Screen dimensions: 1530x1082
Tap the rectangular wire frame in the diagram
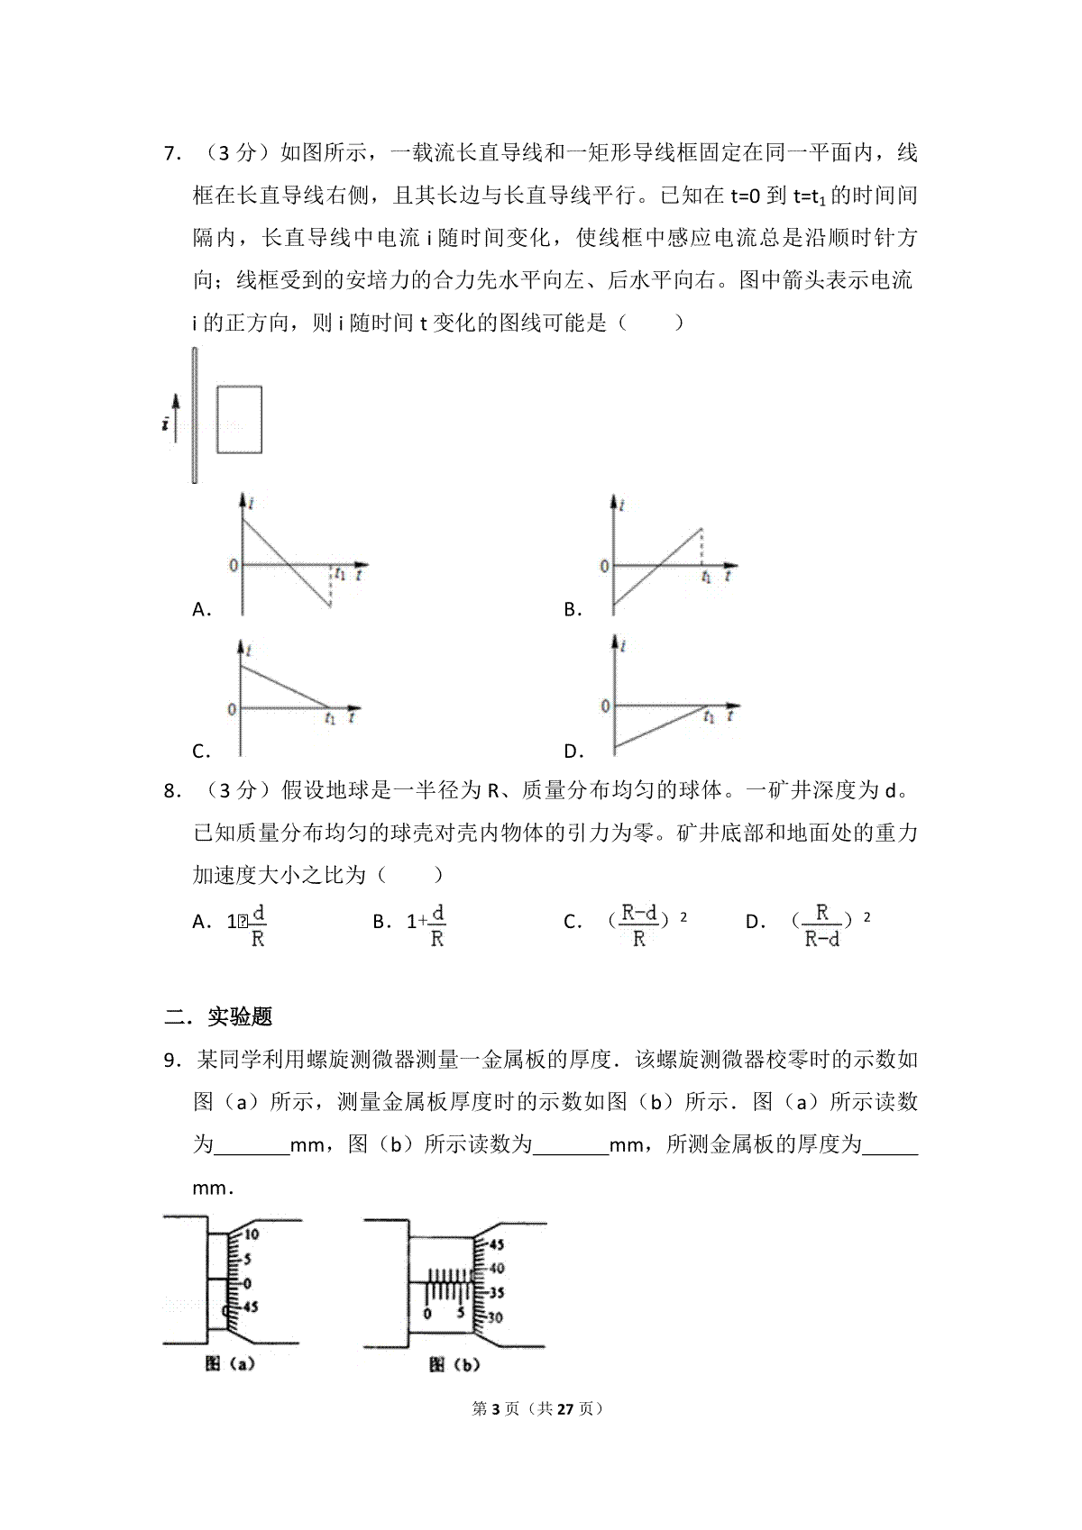coord(239,419)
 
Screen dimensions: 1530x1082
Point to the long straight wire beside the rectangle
coord(194,414)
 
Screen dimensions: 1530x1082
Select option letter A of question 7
coord(199,610)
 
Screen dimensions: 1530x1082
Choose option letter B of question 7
coord(570,610)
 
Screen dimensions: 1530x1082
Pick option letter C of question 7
coord(199,751)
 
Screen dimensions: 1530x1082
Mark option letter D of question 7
coord(570,751)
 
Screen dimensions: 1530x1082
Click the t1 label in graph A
coord(339,571)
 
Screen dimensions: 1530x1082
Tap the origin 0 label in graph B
coord(605,567)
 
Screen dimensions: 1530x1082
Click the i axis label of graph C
coord(249,648)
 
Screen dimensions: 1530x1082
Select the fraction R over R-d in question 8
coord(821,925)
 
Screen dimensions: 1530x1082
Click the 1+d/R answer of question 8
coord(426,925)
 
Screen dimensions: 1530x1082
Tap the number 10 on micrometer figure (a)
coord(251,1234)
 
